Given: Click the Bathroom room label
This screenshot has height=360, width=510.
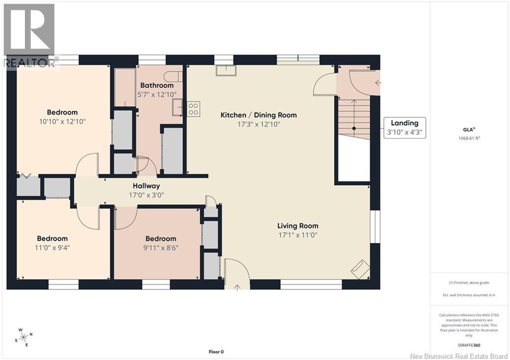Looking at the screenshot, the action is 157,86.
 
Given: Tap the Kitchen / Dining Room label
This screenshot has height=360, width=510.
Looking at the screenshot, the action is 258,115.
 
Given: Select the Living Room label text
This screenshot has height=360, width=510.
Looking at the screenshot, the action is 298,226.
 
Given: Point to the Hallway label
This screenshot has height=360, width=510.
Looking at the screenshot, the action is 146,186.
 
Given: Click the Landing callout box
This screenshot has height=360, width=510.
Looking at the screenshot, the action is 404,128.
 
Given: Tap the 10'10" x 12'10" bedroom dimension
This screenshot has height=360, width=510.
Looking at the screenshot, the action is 62,121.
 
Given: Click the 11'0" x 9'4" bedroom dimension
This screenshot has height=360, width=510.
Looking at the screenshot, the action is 52,248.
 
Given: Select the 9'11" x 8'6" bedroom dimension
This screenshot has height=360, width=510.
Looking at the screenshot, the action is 161,248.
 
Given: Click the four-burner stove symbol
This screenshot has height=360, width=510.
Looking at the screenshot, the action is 194,109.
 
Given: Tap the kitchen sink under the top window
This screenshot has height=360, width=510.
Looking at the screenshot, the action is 226,70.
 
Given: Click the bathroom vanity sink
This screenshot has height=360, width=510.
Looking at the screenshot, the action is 178,108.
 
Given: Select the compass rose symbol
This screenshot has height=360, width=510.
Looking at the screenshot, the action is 23,337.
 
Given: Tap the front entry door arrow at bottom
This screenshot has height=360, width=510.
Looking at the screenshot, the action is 237,287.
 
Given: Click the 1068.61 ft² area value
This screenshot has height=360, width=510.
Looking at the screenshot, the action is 469,138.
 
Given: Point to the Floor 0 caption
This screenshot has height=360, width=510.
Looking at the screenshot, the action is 216,352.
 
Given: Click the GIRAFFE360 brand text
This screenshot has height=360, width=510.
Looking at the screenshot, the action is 469,346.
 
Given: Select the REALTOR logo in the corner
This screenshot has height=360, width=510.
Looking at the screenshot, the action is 29,35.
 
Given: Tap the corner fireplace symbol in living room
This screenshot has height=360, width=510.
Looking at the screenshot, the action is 360,269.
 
